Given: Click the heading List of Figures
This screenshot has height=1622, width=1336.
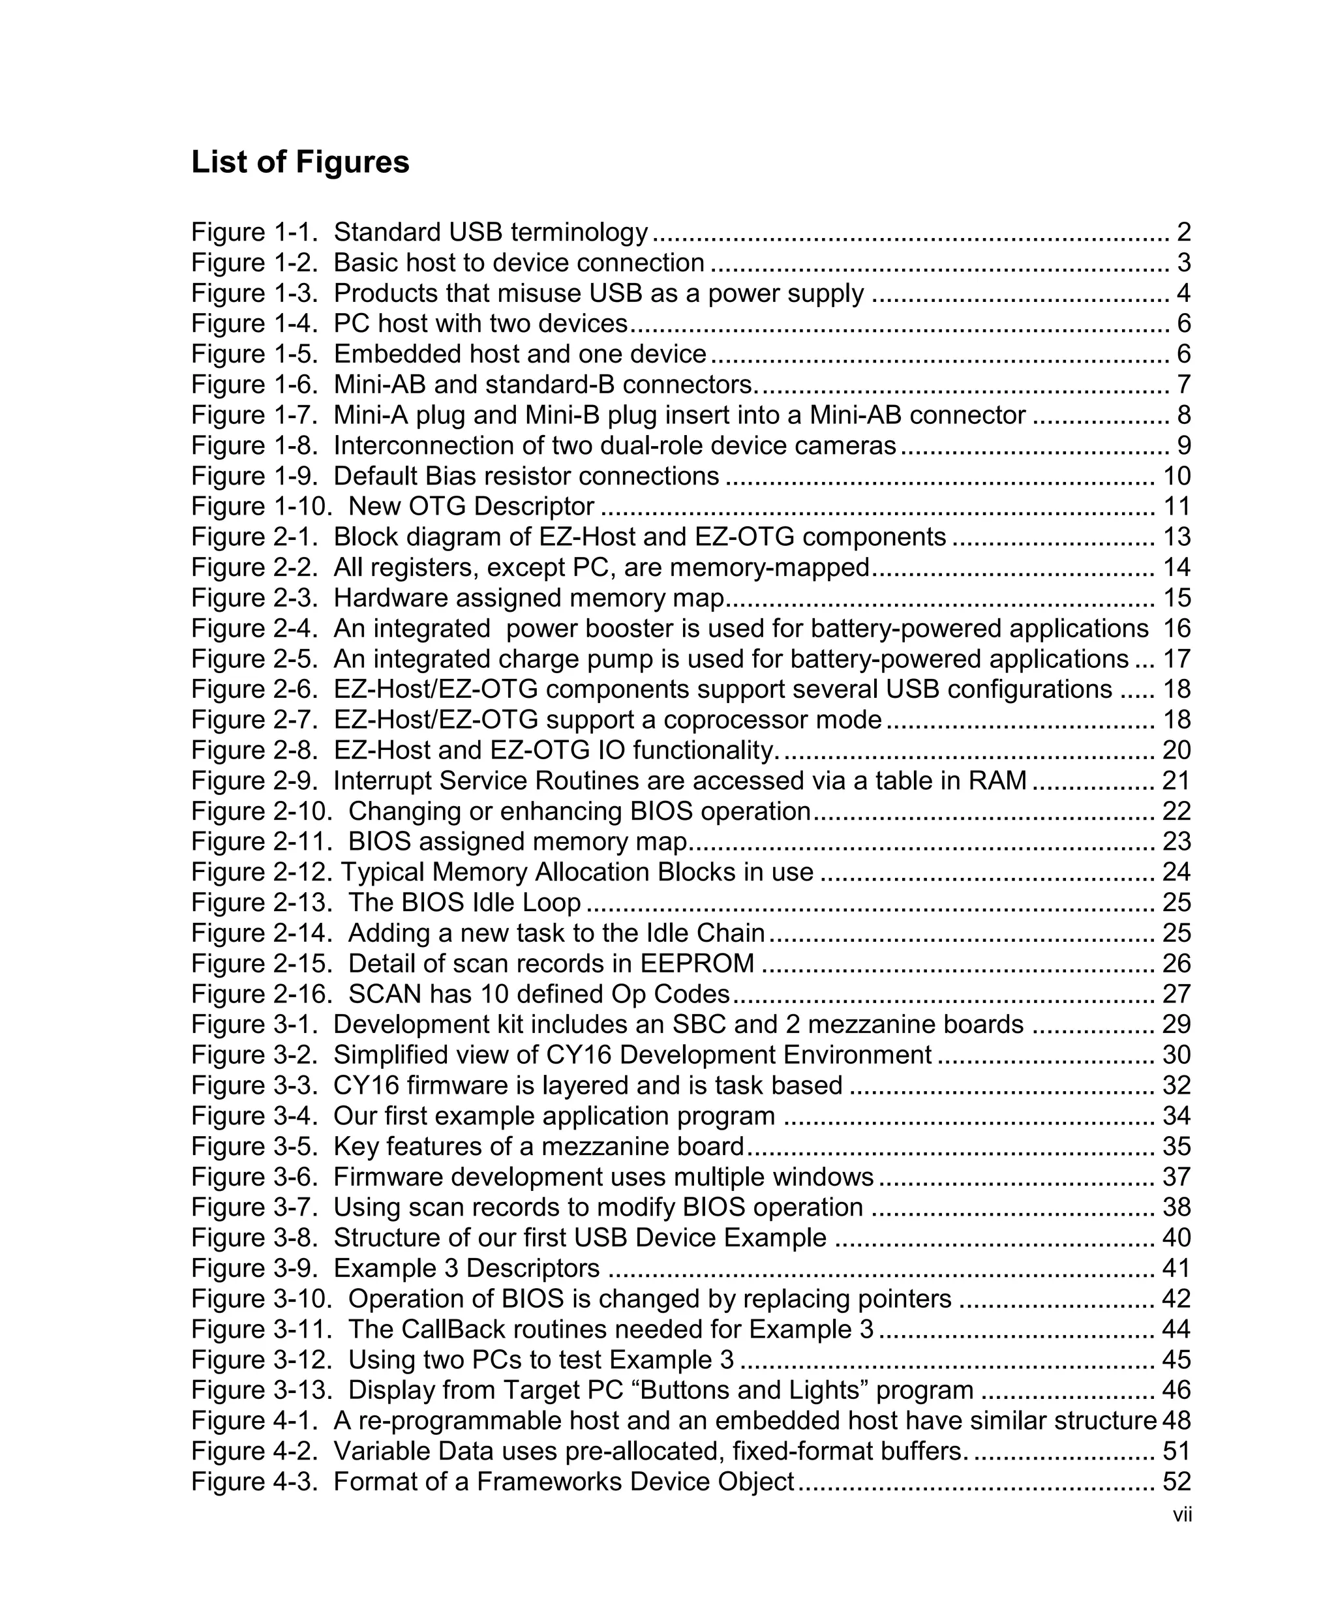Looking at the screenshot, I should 300,162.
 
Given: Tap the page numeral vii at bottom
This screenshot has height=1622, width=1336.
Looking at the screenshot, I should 1182,1514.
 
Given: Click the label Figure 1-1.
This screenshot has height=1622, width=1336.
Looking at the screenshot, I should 254,232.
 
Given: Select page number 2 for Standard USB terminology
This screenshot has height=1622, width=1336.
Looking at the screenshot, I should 1183,232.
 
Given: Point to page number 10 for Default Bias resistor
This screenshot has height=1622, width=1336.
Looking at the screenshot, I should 1176,475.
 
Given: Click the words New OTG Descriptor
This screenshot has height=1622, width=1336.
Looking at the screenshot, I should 471,506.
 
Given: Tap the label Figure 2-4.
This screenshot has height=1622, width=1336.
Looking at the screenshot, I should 254,628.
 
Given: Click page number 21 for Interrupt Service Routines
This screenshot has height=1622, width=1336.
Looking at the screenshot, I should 1176,780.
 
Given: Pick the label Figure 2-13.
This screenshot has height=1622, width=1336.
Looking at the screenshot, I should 262,902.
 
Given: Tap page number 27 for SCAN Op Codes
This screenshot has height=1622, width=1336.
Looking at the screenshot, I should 1176,993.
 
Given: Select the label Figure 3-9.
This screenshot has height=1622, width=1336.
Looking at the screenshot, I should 254,1267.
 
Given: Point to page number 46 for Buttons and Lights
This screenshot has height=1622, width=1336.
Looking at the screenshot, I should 1176,1390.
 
